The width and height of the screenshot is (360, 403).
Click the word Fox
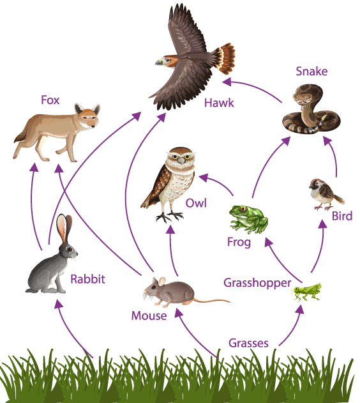(x=50, y=100)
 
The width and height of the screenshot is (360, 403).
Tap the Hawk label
(x=219, y=103)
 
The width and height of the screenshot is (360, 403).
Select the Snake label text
(x=311, y=71)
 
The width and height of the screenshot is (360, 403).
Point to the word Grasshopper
(x=257, y=283)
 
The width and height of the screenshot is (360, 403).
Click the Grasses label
(x=248, y=343)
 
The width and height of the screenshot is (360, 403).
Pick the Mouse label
(x=149, y=316)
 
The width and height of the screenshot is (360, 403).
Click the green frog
(x=248, y=219)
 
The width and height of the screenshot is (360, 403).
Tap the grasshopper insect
(x=306, y=292)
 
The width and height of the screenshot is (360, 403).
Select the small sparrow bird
(x=326, y=194)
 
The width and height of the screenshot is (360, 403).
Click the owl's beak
(x=181, y=161)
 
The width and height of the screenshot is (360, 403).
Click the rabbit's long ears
(x=64, y=228)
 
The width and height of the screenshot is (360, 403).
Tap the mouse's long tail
(x=211, y=300)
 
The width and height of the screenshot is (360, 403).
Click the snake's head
(x=303, y=97)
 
